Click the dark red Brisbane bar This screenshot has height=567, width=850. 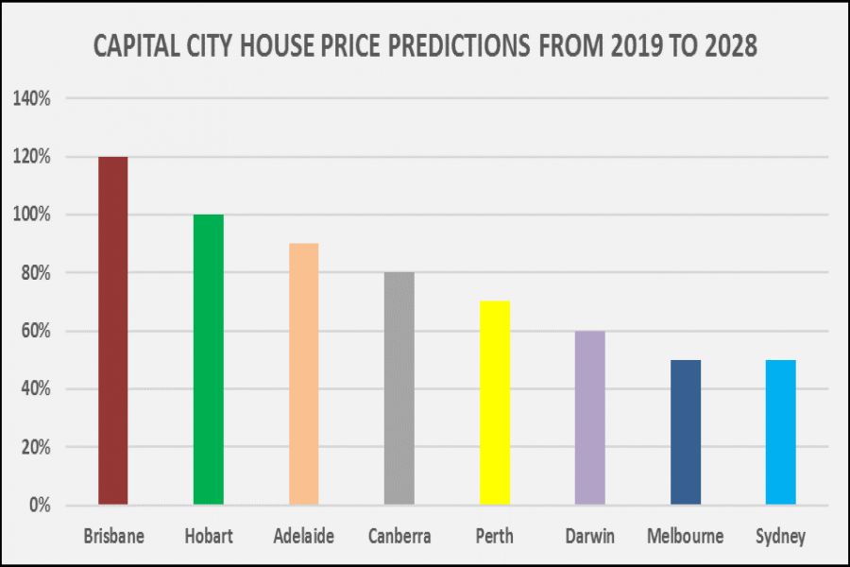(x=112, y=331)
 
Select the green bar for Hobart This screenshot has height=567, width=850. (x=208, y=359)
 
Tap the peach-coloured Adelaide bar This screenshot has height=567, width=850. (x=303, y=374)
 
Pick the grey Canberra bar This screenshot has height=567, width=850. (x=399, y=388)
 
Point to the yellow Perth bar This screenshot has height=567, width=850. (x=494, y=403)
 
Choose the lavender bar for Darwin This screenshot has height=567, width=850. (x=589, y=418)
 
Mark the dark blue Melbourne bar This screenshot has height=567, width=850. (x=685, y=432)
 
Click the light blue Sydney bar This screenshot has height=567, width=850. (x=780, y=432)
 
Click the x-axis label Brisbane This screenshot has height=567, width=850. (x=112, y=537)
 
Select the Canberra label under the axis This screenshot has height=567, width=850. (x=399, y=537)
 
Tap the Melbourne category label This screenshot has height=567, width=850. (x=685, y=537)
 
